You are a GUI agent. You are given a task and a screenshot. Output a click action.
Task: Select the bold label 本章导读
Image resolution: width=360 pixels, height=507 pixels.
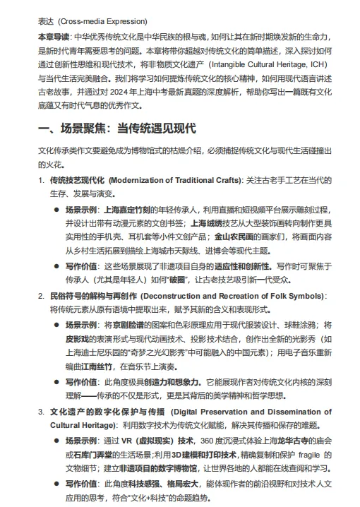pyautogui.click(x=54, y=36)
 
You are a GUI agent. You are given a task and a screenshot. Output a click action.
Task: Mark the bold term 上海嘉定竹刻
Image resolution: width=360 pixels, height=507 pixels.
pyautogui.click(x=127, y=210)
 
